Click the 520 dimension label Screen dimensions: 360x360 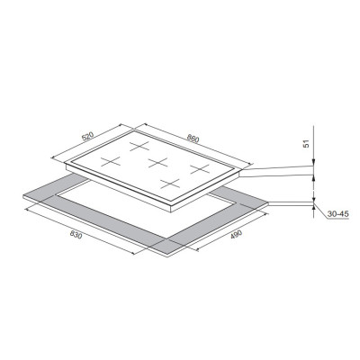click(x=88, y=136)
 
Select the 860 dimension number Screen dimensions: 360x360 click(x=193, y=139)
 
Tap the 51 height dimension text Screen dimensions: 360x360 click(x=306, y=144)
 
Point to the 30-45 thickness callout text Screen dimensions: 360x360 click(x=337, y=214)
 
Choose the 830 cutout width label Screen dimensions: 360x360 click(x=76, y=235)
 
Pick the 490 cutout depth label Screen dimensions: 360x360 click(x=236, y=235)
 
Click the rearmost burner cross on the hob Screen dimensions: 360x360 click(x=139, y=146)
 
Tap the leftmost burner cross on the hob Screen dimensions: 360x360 click(x=111, y=161)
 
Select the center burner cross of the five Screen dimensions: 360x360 click(x=157, y=162)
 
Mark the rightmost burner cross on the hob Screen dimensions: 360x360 click(x=200, y=169)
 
